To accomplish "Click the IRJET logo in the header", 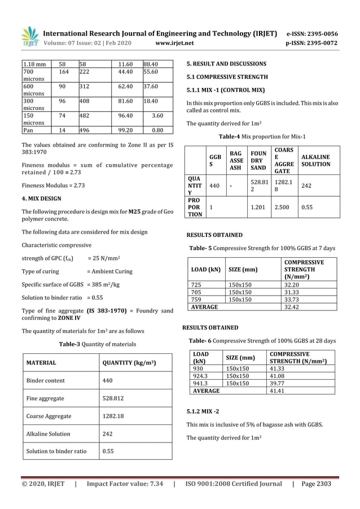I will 29,37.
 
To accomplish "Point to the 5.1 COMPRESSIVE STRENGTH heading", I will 227,77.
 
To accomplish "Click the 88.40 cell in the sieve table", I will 150,65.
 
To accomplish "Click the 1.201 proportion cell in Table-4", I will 258,207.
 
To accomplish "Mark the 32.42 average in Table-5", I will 292,308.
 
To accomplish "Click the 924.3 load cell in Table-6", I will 201,375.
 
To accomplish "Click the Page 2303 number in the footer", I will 317,484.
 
